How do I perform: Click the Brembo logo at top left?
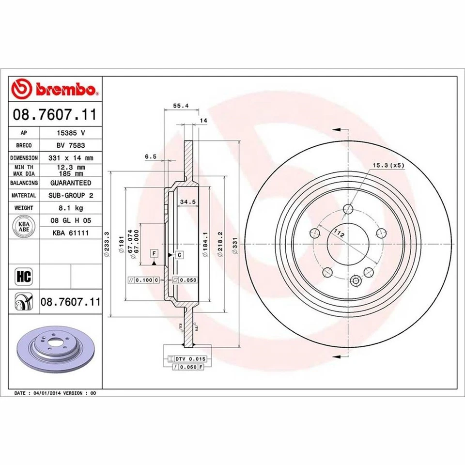click(x=55, y=89)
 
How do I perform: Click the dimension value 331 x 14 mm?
click(x=71, y=158)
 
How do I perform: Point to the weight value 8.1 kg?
click(x=71, y=208)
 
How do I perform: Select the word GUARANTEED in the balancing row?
click(x=71, y=183)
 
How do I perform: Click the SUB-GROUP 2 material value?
click(x=71, y=195)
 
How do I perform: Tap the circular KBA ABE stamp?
click(x=23, y=227)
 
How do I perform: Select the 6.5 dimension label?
click(x=150, y=156)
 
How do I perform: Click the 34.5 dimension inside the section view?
click(x=187, y=201)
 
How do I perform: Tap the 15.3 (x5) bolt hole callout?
click(x=387, y=166)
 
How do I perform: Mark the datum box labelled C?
click(x=179, y=254)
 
